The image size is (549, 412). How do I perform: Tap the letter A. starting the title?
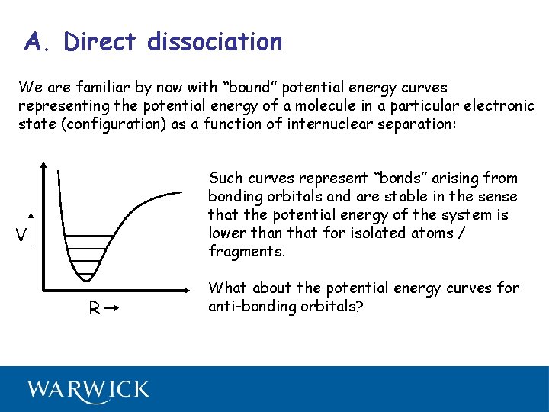pyautogui.click(x=38, y=41)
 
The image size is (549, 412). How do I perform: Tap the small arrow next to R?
pyautogui.click(x=111, y=308)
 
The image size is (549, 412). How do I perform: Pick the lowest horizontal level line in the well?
pyautogui.click(x=86, y=274)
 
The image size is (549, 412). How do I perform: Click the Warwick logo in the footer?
pyautogui.click(x=88, y=390)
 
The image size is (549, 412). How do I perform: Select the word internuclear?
pyautogui.click(x=326, y=124)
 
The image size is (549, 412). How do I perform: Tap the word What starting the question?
pyautogui.click(x=227, y=288)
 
